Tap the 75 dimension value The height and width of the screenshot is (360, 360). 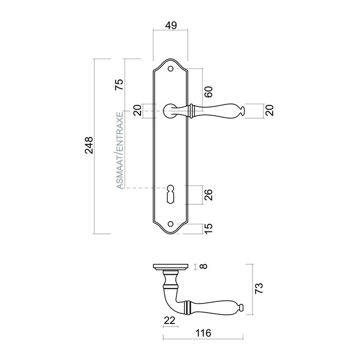118,84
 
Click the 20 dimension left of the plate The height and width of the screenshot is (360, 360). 137,111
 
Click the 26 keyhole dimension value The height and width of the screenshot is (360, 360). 208,195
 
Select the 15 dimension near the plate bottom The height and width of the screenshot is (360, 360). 208,228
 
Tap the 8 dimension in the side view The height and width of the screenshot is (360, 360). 204,267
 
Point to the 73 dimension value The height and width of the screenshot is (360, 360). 259,287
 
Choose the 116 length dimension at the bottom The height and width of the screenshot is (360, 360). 204,333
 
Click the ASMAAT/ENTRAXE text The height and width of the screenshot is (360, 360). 119,150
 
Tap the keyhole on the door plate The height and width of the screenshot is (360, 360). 171,195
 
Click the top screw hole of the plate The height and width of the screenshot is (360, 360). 171,67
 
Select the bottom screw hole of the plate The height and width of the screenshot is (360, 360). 171,224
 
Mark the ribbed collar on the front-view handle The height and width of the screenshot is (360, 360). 192,110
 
